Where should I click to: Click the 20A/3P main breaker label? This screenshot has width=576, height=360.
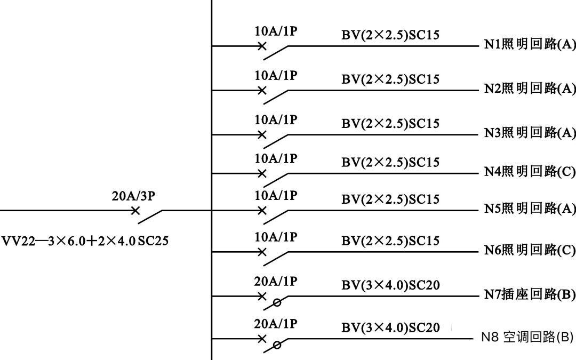click(133, 196)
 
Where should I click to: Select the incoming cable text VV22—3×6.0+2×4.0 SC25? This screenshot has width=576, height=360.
click(85, 241)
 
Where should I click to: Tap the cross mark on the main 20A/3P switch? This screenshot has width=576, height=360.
click(135, 211)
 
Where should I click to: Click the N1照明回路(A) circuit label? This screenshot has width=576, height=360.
click(530, 44)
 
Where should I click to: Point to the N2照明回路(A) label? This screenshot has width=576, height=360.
click(530, 89)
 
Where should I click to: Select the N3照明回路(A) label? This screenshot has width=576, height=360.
click(530, 133)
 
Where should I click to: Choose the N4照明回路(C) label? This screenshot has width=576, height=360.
click(530, 172)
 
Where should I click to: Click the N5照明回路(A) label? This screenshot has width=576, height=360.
click(530, 209)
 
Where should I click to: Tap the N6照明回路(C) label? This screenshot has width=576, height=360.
click(530, 250)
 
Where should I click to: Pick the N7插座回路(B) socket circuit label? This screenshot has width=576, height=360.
click(530, 294)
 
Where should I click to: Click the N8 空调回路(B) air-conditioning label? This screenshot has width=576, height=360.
click(527, 337)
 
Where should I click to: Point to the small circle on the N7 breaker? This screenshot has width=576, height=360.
click(277, 303)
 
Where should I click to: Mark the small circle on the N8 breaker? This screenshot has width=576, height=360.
click(277, 345)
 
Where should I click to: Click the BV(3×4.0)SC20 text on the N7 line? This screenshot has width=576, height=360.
click(390, 285)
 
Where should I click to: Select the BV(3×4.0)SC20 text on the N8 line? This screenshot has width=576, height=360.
click(390, 327)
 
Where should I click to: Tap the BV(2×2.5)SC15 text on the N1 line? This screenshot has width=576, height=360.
click(390, 35)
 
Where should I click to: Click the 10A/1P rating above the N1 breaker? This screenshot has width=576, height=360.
click(276, 31)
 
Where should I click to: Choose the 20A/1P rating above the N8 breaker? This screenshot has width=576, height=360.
click(276, 324)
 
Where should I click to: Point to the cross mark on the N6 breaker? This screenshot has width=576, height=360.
click(261, 252)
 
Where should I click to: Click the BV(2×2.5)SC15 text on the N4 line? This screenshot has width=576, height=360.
click(390, 162)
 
